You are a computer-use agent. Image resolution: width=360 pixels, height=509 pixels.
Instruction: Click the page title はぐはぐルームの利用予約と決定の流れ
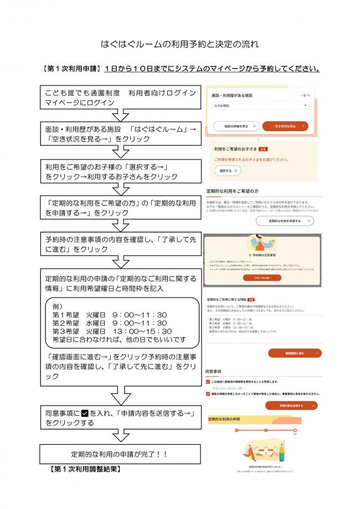pos(180,44)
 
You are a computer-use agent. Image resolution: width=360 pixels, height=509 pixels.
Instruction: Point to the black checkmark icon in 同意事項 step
pos(85,413)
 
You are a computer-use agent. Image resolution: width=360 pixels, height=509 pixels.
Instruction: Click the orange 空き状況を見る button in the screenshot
pos(285,126)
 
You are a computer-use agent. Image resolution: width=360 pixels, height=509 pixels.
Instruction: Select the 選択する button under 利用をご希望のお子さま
pos(228,171)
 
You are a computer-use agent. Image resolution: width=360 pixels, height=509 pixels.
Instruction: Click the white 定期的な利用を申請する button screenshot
pos(285,221)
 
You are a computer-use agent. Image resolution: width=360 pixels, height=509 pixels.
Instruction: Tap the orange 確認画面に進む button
pos(294,353)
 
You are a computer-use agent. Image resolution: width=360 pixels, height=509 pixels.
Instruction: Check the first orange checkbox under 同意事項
pos(208,382)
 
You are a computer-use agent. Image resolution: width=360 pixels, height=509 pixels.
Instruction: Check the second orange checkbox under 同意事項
pos(208,394)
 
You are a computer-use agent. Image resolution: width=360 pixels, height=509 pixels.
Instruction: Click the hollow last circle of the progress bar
pos(295,430)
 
